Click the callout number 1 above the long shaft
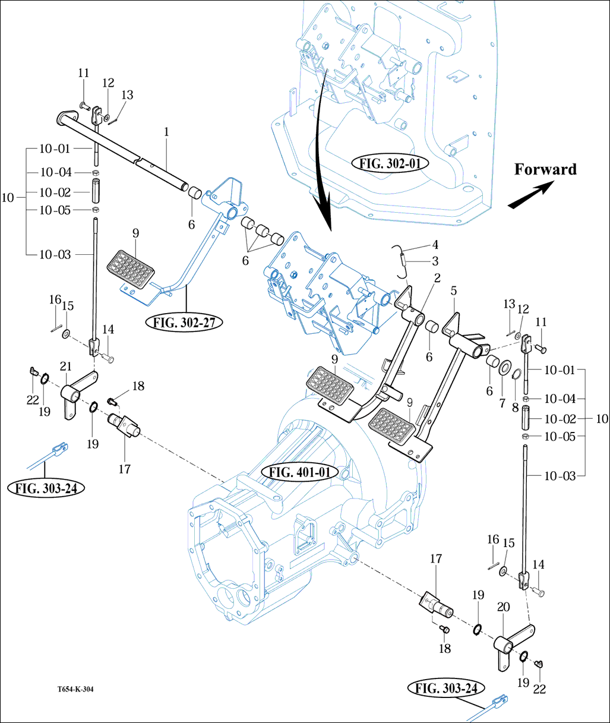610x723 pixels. point(167,132)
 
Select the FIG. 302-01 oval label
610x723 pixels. point(390,162)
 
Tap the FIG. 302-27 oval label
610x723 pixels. point(184,323)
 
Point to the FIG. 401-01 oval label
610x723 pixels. point(299,473)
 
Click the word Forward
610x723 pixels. point(545,169)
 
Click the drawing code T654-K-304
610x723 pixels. point(75,690)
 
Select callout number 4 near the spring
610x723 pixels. point(435,244)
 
